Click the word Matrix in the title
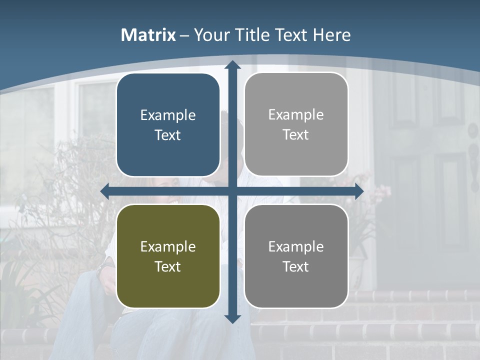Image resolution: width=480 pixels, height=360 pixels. click(148, 35)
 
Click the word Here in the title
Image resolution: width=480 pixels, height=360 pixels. click(331, 35)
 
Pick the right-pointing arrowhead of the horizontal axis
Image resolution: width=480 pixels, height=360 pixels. click(358, 191)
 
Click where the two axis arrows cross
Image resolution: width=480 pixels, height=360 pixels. click(232, 191)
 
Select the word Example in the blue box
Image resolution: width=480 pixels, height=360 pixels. click(168, 115)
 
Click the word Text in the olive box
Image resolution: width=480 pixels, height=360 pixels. click(168, 266)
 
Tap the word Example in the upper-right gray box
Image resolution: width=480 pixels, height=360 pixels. click(296, 115)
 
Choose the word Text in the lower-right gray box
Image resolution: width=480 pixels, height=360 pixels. click(296, 266)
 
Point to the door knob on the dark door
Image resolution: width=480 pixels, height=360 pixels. click(472, 131)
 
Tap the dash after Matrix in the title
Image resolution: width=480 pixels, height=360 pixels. click(184, 35)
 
